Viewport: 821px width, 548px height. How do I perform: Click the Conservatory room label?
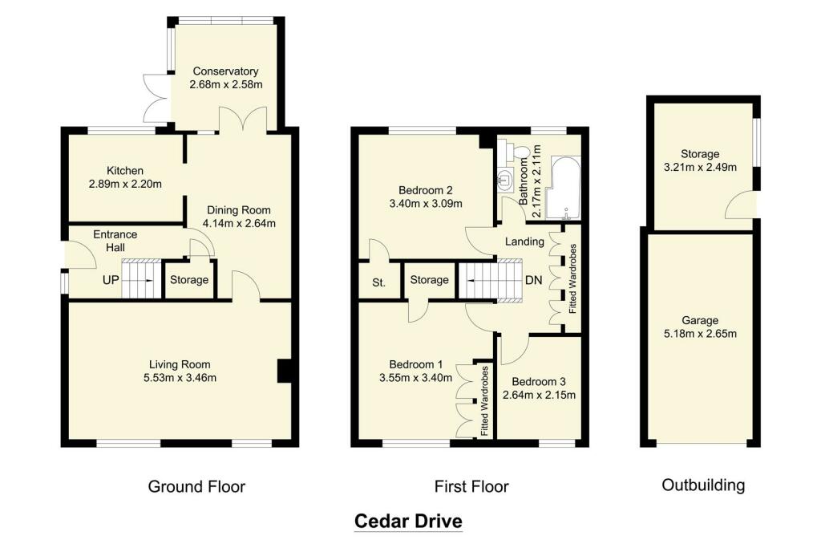pyautogui.click(x=226, y=70)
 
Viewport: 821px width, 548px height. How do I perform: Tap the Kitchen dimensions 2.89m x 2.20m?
pyautogui.click(x=124, y=185)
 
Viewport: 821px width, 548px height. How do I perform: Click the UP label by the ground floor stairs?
pyautogui.click(x=110, y=282)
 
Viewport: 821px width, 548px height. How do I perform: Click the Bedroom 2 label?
pyautogui.click(x=426, y=190)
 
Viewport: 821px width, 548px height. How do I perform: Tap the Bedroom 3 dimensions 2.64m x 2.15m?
pyautogui.click(x=539, y=395)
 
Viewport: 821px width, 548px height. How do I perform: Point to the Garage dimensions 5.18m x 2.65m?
pyautogui.click(x=700, y=334)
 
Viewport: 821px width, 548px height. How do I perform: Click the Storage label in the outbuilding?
pyautogui.click(x=700, y=154)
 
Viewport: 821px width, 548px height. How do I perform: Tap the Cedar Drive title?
pyautogui.click(x=408, y=522)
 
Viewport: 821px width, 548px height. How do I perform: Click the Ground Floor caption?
pyautogui.click(x=196, y=486)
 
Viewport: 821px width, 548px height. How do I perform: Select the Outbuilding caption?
pyautogui.click(x=703, y=485)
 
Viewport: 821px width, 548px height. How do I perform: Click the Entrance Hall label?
pyautogui.click(x=115, y=241)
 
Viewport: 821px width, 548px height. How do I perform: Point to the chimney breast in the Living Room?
pyautogui.click(x=284, y=371)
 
